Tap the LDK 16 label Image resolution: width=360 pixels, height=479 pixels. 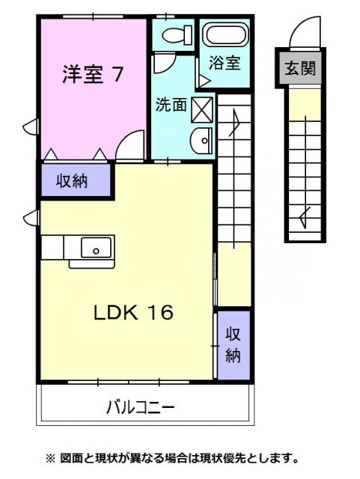133,312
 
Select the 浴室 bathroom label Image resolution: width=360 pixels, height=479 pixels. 225,63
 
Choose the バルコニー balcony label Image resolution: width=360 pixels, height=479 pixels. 140,408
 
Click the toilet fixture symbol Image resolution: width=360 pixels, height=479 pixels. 173,34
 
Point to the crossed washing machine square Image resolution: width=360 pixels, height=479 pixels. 203,109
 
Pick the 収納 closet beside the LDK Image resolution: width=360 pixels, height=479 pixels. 234,344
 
